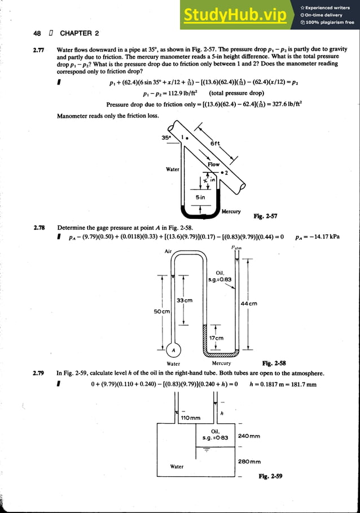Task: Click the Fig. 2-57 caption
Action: coord(265,216)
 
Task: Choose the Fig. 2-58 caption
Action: coord(274,363)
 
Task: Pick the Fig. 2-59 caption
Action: coord(270,476)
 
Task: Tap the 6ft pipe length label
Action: coord(215,144)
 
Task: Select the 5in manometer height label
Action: coord(200,198)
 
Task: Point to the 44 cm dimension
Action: coord(249,303)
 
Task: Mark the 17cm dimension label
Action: coord(216,338)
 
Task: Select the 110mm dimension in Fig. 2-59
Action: coord(190,418)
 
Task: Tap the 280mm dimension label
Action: coord(249,461)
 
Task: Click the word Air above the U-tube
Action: coord(168,252)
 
